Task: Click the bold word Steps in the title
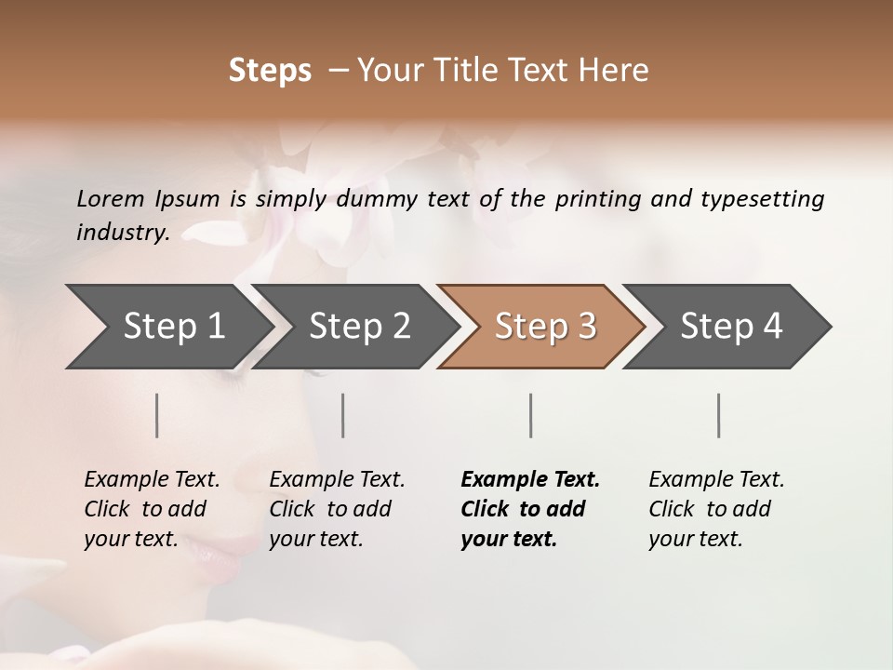[x=270, y=71]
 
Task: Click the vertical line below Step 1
[x=157, y=415]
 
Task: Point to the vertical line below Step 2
[x=343, y=415]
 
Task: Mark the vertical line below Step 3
[x=531, y=415]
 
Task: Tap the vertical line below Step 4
[x=718, y=415]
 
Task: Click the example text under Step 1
[x=152, y=509]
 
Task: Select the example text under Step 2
[x=337, y=509]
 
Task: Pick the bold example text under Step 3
[x=530, y=509]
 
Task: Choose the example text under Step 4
[x=716, y=509]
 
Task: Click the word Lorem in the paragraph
[x=110, y=199]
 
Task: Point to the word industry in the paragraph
[x=123, y=233]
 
